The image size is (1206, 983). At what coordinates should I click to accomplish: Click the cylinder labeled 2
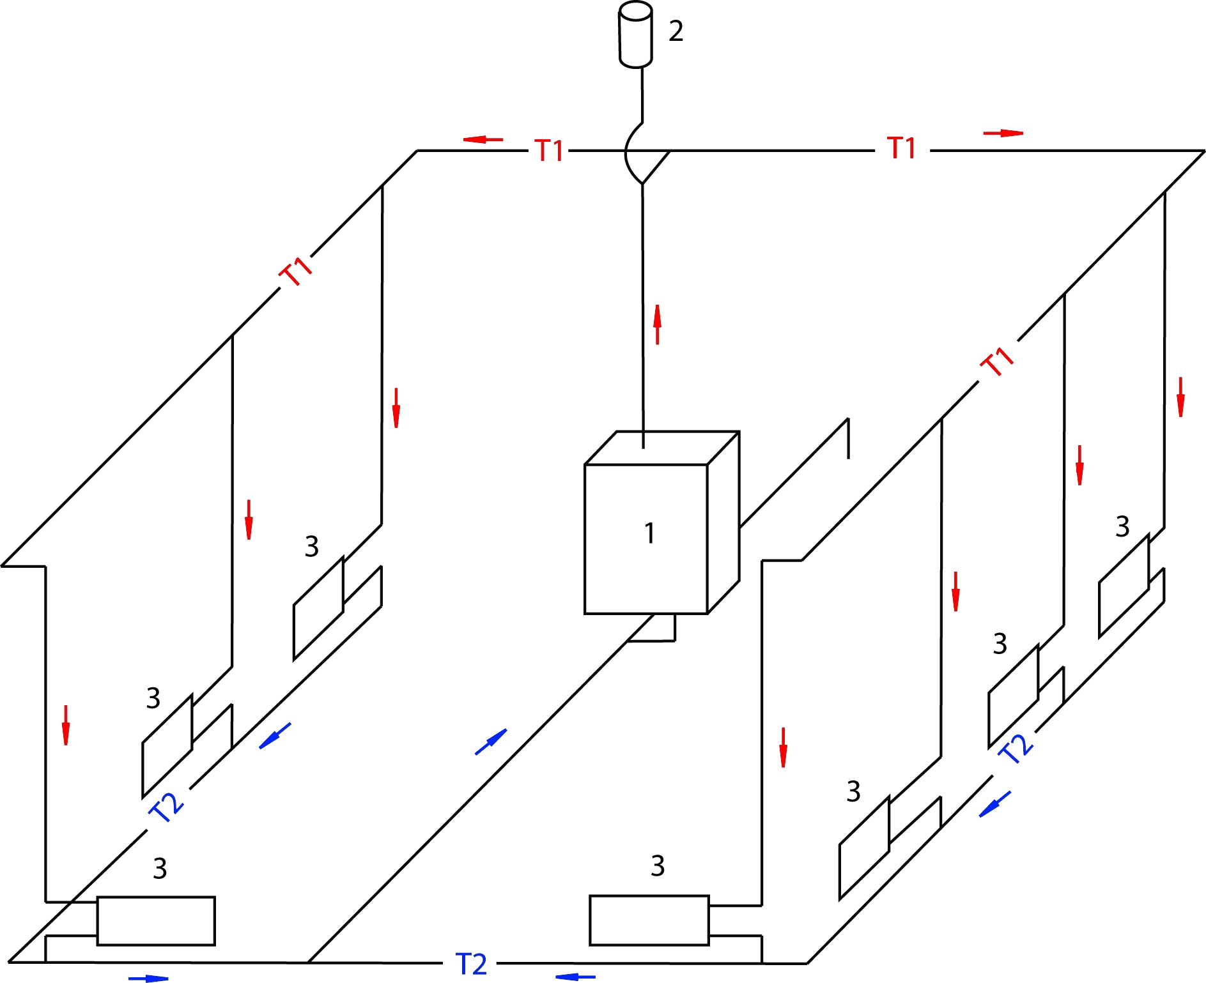[635, 35]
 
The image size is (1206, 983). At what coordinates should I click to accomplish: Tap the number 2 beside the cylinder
[676, 31]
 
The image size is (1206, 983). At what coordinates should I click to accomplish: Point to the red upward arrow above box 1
[657, 324]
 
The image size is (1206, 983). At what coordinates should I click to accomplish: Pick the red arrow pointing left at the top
[483, 139]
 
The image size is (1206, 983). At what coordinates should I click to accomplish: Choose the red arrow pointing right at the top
[1003, 133]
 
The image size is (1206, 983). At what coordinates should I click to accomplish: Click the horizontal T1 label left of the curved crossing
[549, 151]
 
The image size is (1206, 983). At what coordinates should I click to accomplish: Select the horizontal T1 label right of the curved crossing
[902, 148]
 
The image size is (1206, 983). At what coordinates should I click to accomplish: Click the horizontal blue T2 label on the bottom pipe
[472, 964]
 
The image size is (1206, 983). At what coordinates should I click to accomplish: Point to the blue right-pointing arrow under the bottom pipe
[148, 978]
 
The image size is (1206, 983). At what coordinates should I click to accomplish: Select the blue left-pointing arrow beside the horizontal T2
[575, 977]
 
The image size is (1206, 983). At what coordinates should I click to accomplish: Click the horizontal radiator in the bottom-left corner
[156, 920]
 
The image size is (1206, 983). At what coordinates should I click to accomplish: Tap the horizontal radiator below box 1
[649, 920]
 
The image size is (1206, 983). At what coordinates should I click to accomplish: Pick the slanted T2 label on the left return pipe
[166, 808]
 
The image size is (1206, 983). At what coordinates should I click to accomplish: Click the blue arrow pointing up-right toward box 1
[491, 742]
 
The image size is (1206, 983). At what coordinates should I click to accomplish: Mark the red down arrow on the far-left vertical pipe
[65, 725]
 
